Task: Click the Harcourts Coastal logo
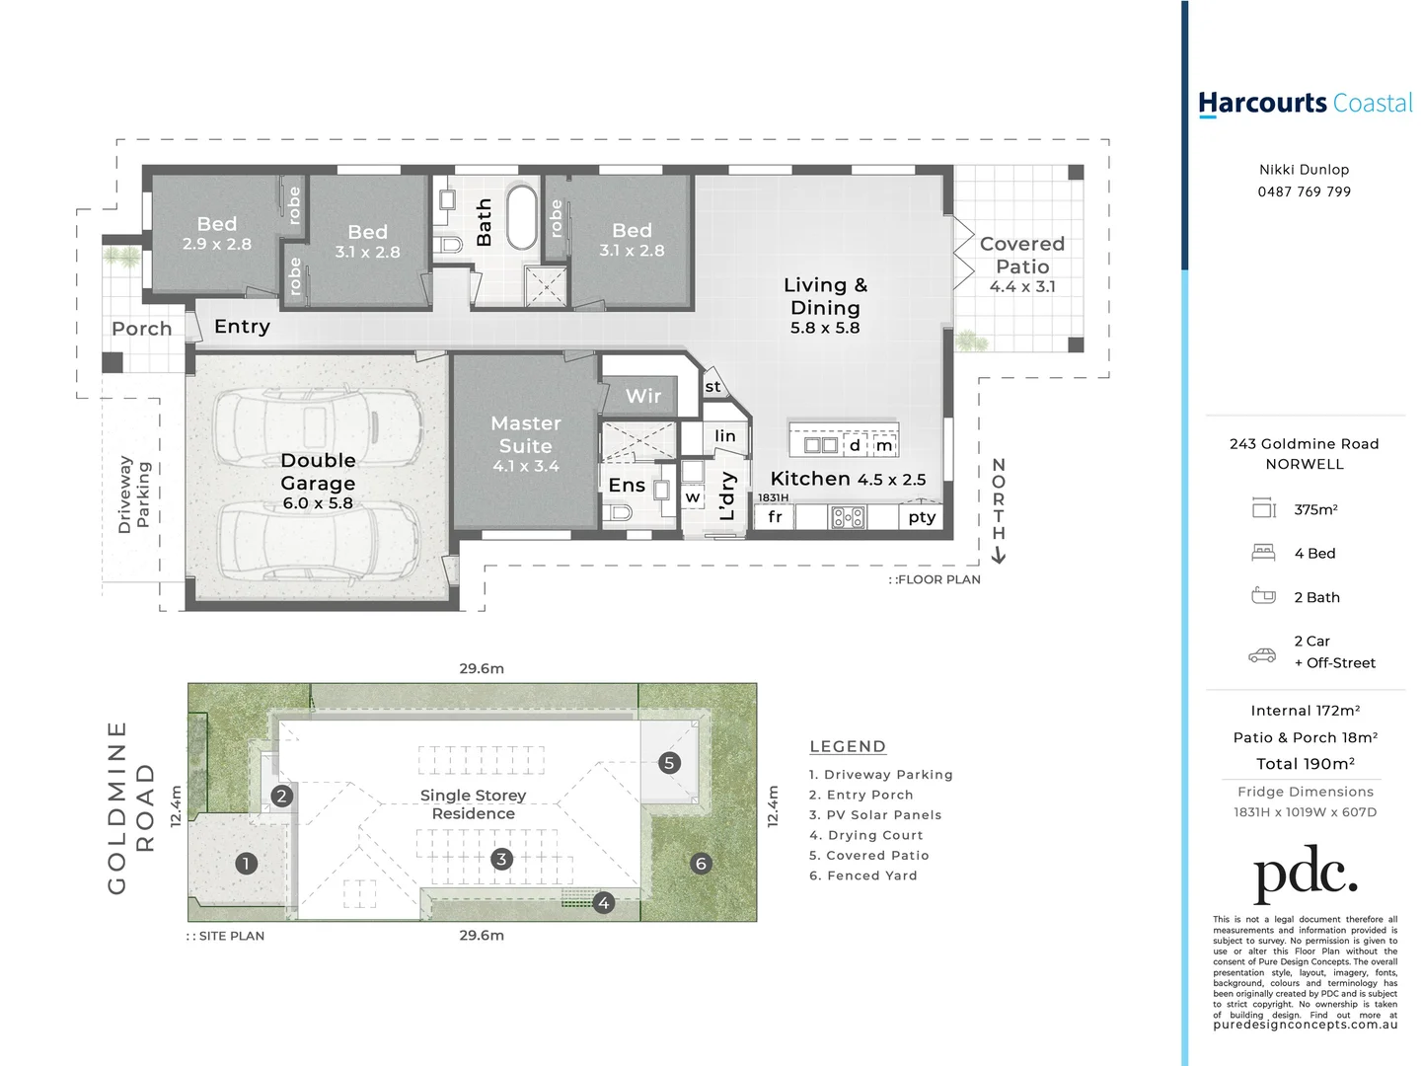1305,104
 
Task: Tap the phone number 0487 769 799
1304,191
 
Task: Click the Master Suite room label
525,434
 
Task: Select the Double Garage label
318,472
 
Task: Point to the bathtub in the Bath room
521,218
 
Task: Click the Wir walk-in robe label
643,396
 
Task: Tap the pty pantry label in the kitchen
922,517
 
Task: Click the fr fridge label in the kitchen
775,517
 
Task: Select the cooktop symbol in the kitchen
848,517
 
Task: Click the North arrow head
999,557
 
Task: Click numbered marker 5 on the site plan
669,762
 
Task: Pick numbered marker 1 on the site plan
246,863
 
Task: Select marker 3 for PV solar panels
501,859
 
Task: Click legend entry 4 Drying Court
865,835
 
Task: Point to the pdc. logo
1305,874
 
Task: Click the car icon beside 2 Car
1262,654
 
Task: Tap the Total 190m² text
1305,764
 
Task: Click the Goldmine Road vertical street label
130,807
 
